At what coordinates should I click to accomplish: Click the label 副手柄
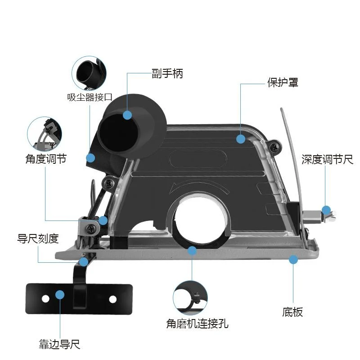[x=167, y=74]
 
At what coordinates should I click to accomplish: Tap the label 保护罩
[x=283, y=82]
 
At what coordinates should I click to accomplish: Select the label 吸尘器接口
[x=90, y=97]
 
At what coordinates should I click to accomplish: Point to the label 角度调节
[x=46, y=159]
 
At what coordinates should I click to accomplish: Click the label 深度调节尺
[x=327, y=159]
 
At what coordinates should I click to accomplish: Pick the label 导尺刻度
[x=38, y=239]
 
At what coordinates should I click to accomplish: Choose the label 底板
[x=292, y=312]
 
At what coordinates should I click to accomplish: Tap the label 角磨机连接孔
[x=198, y=324]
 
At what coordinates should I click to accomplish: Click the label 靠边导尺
[x=59, y=344]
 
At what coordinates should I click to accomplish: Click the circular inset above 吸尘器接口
[x=89, y=73]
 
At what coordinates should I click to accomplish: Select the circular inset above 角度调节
[x=45, y=134]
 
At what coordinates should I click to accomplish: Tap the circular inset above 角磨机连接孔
[x=190, y=298]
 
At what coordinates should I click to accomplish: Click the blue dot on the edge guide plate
[x=60, y=295]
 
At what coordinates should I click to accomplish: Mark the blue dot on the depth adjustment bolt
[x=326, y=210]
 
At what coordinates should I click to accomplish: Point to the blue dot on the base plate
[x=293, y=260]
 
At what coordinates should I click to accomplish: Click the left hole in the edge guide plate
[x=45, y=299]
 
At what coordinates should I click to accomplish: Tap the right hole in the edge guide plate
[x=113, y=299]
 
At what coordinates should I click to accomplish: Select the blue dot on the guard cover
[x=241, y=139]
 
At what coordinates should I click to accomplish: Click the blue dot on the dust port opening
[x=127, y=115]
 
